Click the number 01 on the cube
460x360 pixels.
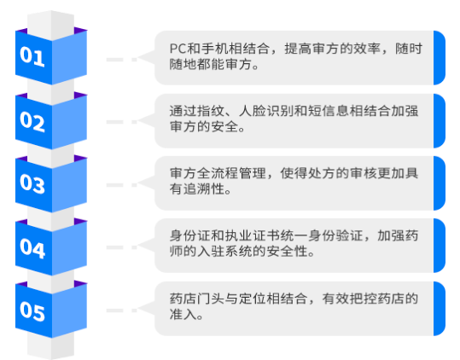coord(32,56)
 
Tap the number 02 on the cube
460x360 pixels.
coord(32,121)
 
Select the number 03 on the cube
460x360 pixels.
coord(32,183)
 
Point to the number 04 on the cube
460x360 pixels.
coord(32,248)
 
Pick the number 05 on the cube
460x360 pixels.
coord(32,311)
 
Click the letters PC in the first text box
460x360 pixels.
coord(178,49)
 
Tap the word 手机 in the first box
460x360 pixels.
coord(207,49)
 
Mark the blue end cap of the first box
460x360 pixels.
coord(439,58)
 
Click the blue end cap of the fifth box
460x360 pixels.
coord(439,309)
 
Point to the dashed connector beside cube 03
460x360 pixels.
coord(122,185)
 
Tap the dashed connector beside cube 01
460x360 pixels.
coord(122,60)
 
